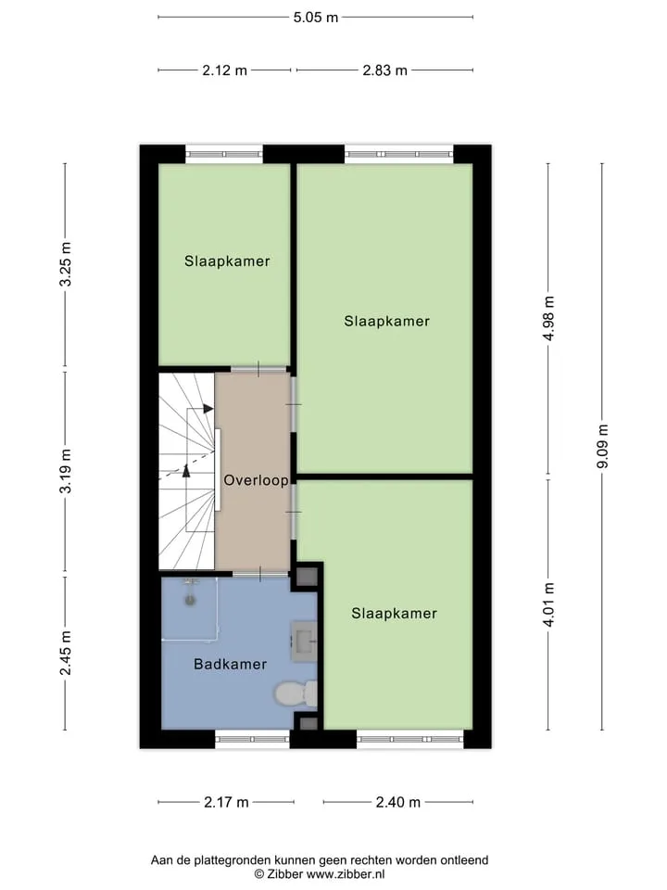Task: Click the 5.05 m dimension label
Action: pyautogui.click(x=315, y=18)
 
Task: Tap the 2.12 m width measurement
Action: pyautogui.click(x=224, y=70)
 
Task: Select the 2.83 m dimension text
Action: pyautogui.click(x=384, y=70)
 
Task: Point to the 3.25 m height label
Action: pyautogui.click(x=66, y=264)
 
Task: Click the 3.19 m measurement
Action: pyautogui.click(x=66, y=471)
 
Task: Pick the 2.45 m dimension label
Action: pyautogui.click(x=66, y=654)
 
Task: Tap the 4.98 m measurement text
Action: pyautogui.click(x=548, y=318)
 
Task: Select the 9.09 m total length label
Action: pyautogui.click(x=602, y=446)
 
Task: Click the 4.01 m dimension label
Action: pyautogui.click(x=548, y=605)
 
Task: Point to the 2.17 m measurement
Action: pyautogui.click(x=226, y=802)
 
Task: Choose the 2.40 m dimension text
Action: pyautogui.click(x=398, y=802)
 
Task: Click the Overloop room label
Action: pyautogui.click(x=256, y=480)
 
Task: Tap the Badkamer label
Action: pyautogui.click(x=231, y=664)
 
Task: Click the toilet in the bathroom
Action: pyautogui.click(x=296, y=693)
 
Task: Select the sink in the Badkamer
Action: pyautogui.click(x=304, y=642)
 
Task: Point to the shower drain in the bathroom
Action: pyautogui.click(x=190, y=600)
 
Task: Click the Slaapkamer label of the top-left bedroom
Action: pyautogui.click(x=227, y=261)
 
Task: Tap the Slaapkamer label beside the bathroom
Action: pyautogui.click(x=395, y=614)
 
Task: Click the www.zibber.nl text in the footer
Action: pyautogui.click(x=346, y=874)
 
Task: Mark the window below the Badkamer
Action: pyautogui.click(x=252, y=739)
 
